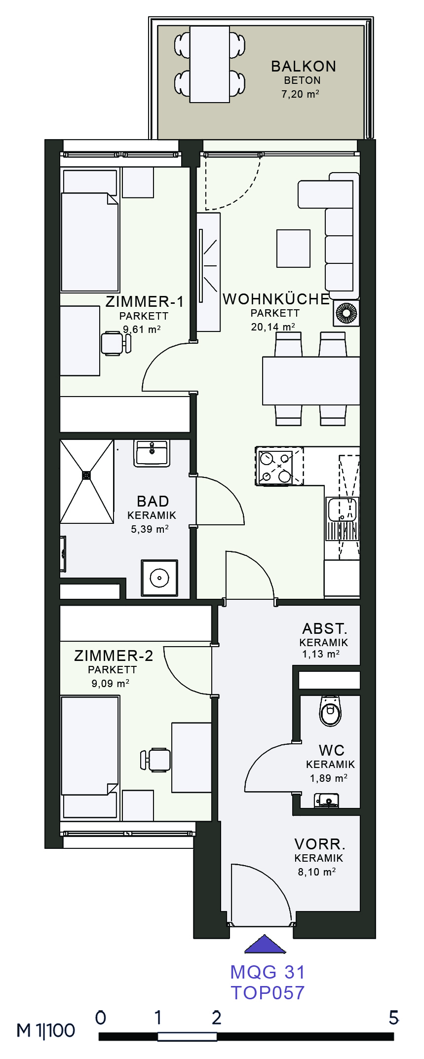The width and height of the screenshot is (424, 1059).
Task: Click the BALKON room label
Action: tap(304, 66)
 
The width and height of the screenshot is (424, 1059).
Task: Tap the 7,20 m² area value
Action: tap(300, 94)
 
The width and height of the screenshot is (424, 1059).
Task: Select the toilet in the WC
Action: tap(330, 711)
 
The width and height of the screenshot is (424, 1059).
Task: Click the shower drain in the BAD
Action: tap(87, 475)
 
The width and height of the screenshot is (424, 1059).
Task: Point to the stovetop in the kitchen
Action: tap(279, 466)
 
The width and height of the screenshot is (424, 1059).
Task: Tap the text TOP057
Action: tap(268, 992)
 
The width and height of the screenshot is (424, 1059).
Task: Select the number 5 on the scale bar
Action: tap(393, 1018)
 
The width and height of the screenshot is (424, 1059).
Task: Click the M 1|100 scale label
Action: tap(46, 1030)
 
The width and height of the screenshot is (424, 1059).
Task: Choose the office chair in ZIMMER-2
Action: tap(155, 760)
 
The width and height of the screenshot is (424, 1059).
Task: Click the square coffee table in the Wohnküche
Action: tap(294, 248)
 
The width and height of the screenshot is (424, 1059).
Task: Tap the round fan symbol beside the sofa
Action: tap(347, 313)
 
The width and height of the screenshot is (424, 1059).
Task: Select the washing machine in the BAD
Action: tap(159, 578)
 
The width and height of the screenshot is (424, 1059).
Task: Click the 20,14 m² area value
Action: tap(273, 327)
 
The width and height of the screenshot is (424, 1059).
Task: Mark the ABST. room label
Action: tap(325, 629)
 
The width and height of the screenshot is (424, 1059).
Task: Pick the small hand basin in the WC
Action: tap(326, 800)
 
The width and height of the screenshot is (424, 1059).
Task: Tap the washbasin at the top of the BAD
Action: tap(152, 453)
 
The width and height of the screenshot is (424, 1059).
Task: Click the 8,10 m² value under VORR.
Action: tap(317, 872)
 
